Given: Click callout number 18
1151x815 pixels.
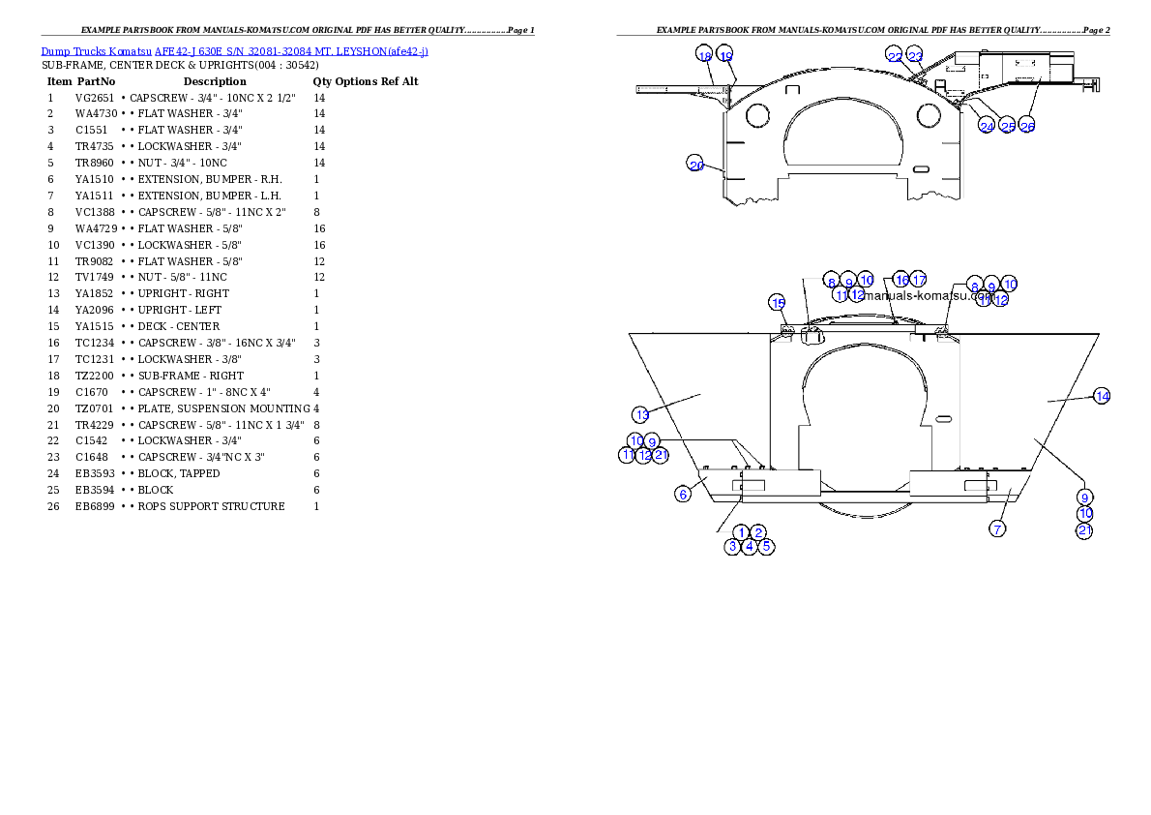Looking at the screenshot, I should tap(704, 55).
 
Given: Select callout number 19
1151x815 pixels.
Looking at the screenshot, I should tap(725, 55).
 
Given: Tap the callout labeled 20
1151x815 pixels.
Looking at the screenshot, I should tap(696, 166).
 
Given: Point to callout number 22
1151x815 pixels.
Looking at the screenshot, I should tap(895, 57).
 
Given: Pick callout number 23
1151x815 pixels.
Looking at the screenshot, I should tap(915, 57).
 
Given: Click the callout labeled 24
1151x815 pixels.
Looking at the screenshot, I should tap(987, 127).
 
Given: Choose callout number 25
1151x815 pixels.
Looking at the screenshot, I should tap(1008, 127).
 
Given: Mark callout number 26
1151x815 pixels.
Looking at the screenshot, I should tap(1028, 127).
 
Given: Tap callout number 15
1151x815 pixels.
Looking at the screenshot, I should tap(779, 303).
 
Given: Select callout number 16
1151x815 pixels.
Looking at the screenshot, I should tap(900, 280).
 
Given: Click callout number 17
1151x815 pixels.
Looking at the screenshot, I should tap(919, 280).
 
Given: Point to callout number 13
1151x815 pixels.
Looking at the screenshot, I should tap(642, 414).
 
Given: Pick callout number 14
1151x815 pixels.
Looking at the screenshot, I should tap(1102, 395).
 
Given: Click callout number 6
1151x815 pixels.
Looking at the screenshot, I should tap(683, 494).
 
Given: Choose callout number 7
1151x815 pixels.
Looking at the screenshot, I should tap(998, 528).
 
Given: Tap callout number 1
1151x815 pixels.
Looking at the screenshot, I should tap(742, 532).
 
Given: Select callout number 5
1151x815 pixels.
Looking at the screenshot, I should tap(766, 546).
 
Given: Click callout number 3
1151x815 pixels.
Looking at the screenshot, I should tap(733, 546).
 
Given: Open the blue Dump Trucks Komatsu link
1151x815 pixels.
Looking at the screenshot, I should tap(235, 50).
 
